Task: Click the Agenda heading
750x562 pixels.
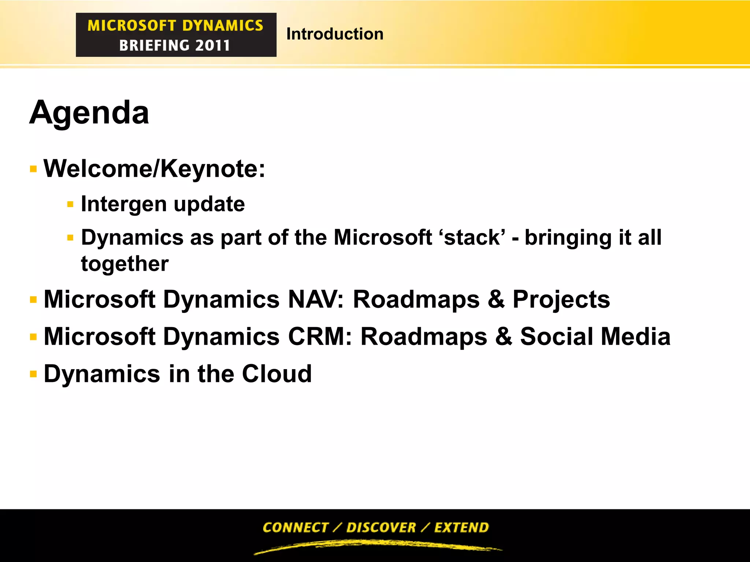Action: click(89, 113)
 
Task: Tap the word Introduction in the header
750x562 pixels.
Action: click(335, 34)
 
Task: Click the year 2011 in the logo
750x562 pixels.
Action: click(212, 46)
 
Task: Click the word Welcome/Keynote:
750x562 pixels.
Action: click(154, 169)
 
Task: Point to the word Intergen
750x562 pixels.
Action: click(123, 204)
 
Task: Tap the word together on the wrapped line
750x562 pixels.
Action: click(125, 264)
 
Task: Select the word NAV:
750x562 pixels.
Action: click(316, 299)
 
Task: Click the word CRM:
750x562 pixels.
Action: click(320, 337)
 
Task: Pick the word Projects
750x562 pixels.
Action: click(561, 299)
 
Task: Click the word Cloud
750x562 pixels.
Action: click(276, 374)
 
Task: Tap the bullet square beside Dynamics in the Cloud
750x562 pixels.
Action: click(33, 374)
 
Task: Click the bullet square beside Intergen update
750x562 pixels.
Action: click(70, 204)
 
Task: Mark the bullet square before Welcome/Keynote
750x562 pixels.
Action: click(33, 169)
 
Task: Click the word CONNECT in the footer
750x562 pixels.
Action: click(296, 527)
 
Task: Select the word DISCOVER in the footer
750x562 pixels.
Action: click(381, 527)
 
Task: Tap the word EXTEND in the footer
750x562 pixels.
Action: click(461, 527)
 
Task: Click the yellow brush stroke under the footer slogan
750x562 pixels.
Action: click(377, 546)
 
